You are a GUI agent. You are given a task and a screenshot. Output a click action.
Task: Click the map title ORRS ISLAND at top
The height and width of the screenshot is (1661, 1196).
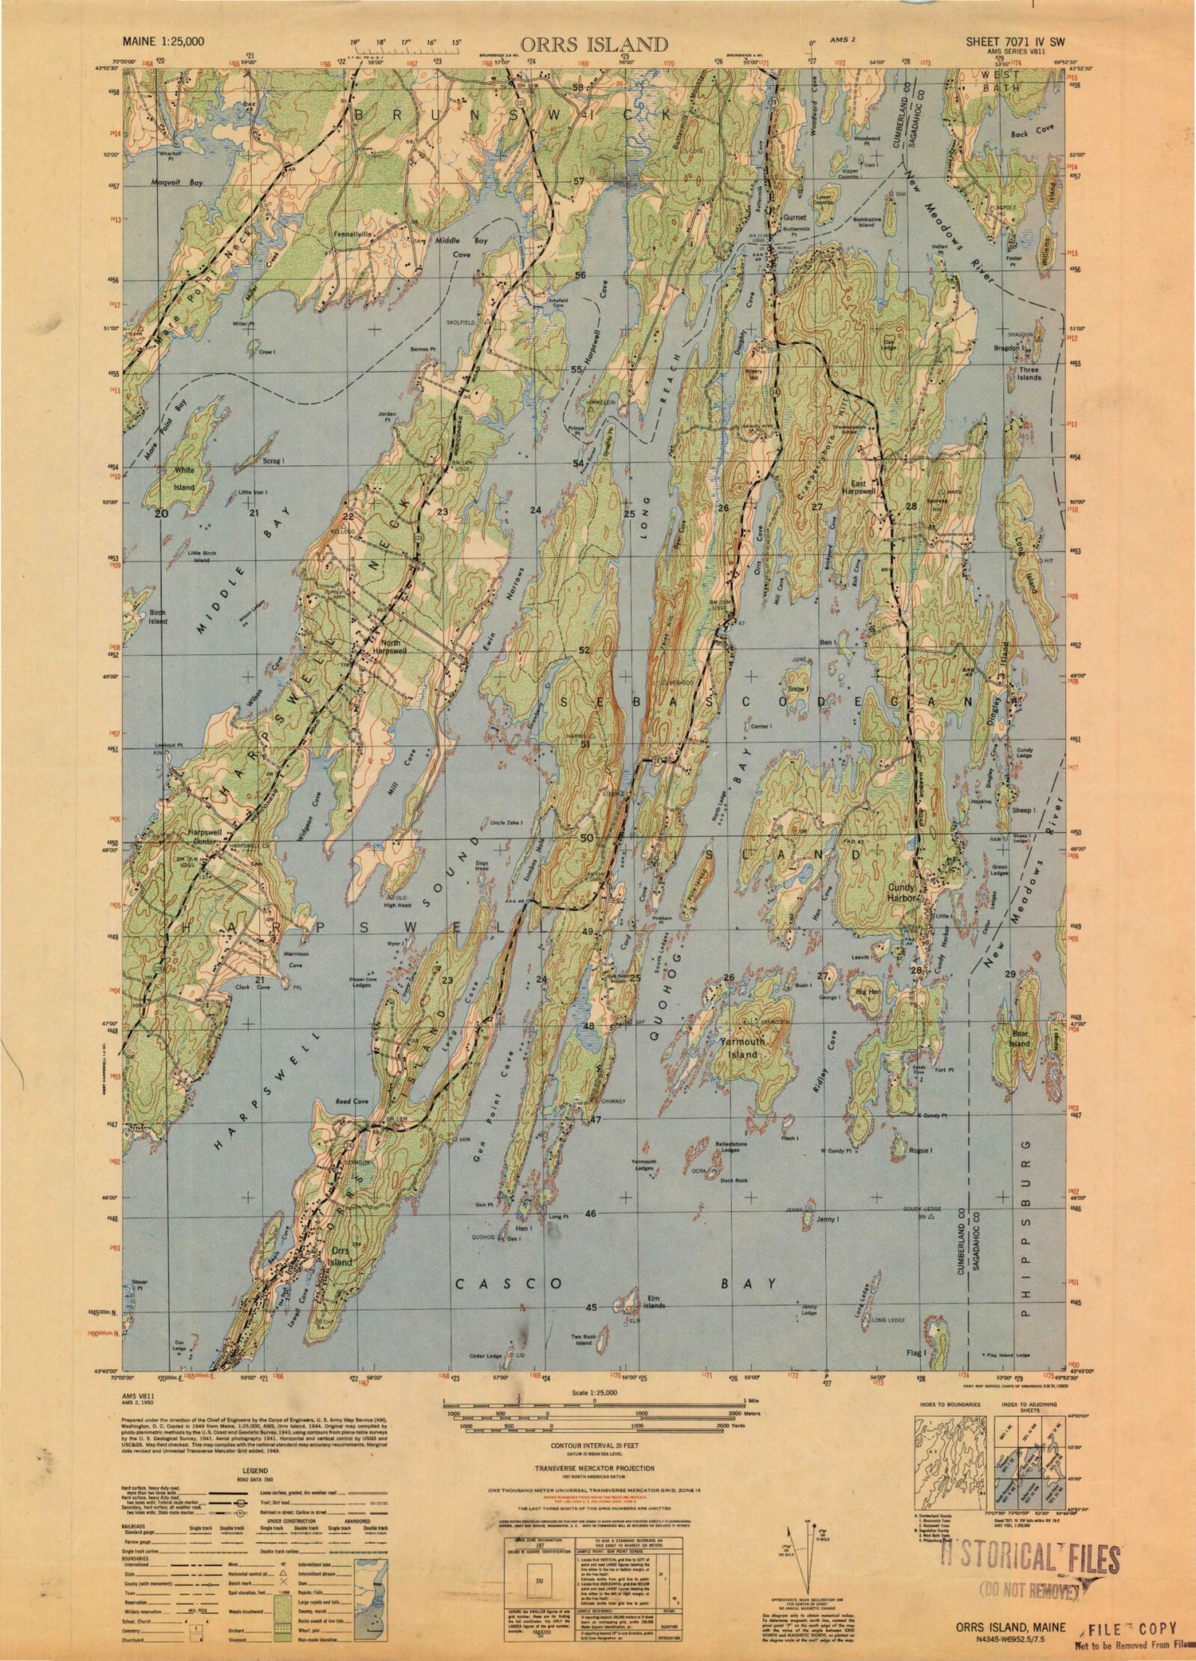(594, 43)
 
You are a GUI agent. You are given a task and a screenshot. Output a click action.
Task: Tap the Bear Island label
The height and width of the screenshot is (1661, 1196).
(1020, 1038)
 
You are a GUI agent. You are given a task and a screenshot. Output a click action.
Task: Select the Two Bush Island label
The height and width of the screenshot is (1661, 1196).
(584, 1338)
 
